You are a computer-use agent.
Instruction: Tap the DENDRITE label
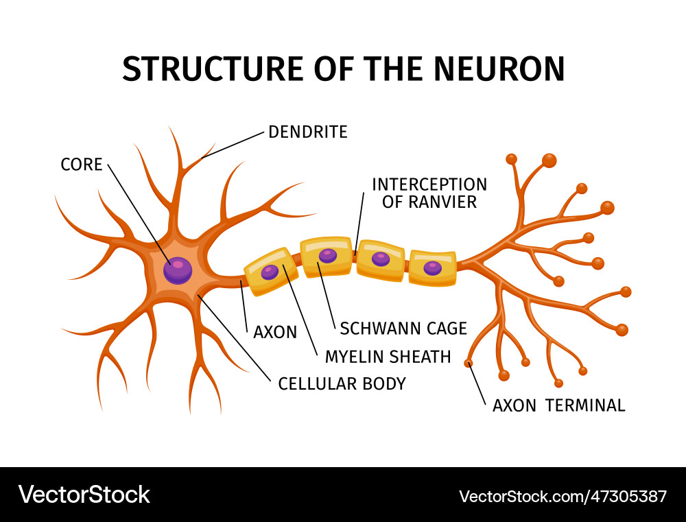tap(307, 132)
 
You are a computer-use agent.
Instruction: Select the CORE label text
tap(81, 165)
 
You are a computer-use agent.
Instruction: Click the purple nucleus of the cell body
tap(178, 269)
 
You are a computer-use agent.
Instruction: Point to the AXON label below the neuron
tap(275, 333)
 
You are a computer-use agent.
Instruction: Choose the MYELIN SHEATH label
tap(388, 357)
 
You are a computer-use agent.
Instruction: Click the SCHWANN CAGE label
tap(403, 328)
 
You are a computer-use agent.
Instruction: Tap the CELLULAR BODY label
tap(342, 383)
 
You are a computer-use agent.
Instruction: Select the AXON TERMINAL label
tap(558, 405)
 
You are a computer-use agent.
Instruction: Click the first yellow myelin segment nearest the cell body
tap(270, 272)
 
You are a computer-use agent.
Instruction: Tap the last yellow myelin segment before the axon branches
tap(432, 268)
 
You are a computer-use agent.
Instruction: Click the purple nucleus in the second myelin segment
tap(328, 256)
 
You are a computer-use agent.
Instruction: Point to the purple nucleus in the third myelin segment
tap(380, 259)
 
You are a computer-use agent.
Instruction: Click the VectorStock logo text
tap(84, 495)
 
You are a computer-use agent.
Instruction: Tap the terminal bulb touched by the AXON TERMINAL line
tap(467, 361)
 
